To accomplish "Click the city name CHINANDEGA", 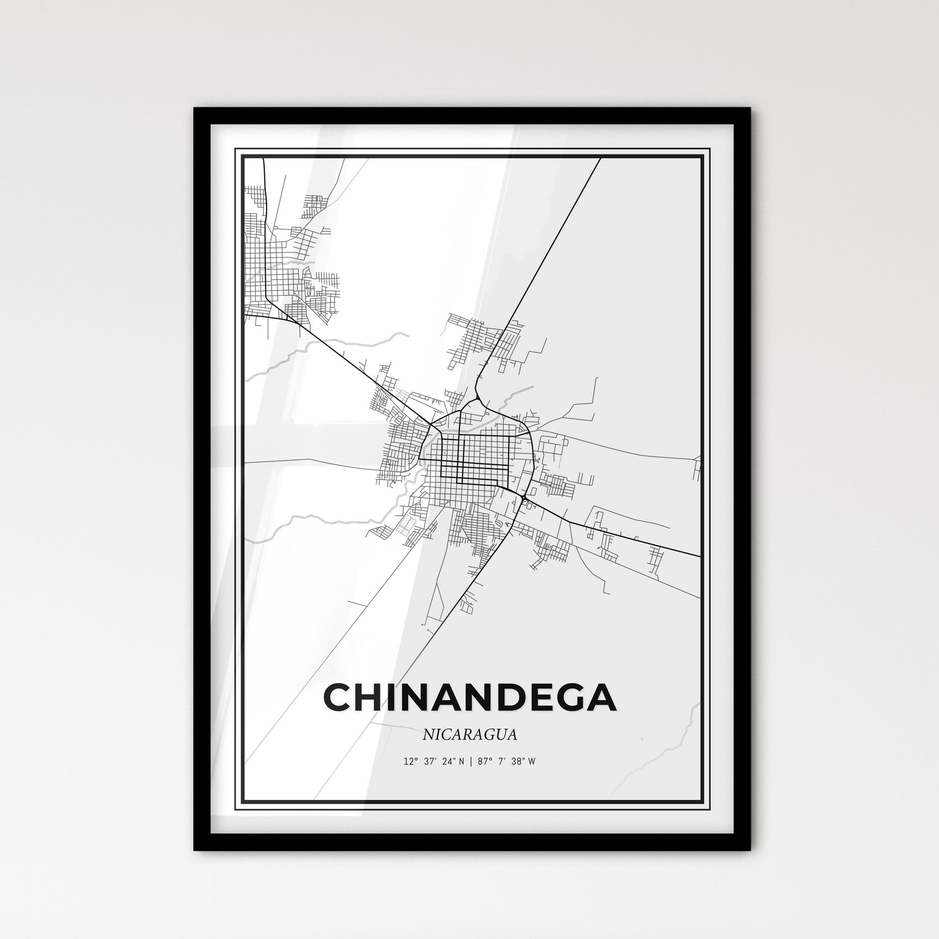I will pyautogui.click(x=469, y=698).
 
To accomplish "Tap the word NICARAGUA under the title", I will pyautogui.click(x=469, y=735).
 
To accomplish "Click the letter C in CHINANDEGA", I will pyautogui.click(x=339, y=698).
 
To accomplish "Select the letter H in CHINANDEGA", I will pyautogui.click(x=373, y=698).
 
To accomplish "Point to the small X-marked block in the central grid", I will pyautogui.click(x=444, y=452).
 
